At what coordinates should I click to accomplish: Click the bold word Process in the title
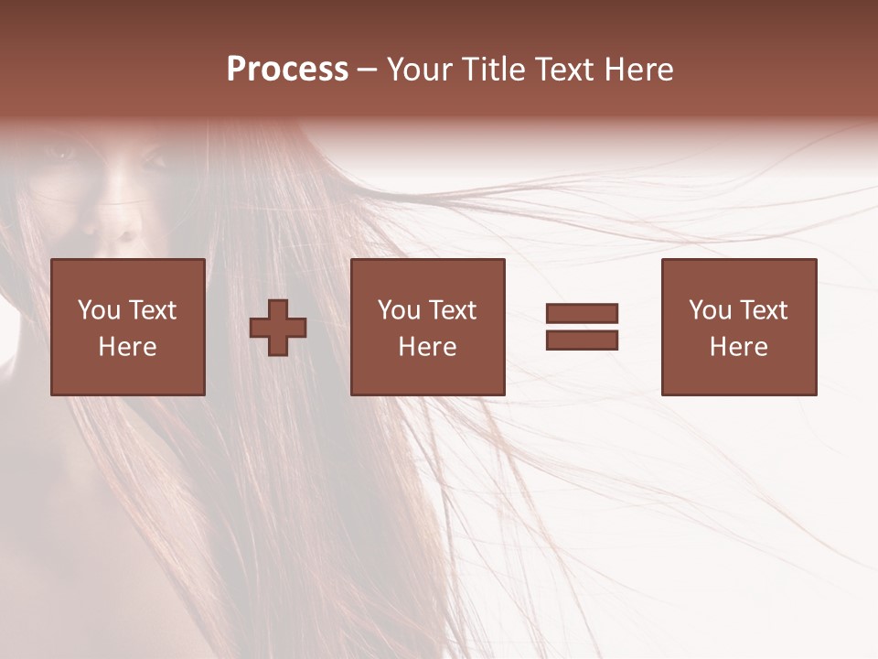point(287,70)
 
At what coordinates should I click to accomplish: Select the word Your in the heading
point(418,70)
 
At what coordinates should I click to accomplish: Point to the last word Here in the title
point(639,70)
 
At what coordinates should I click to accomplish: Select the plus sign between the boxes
point(278,328)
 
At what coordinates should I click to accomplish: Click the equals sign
point(582,327)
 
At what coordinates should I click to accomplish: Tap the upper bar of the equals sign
point(582,314)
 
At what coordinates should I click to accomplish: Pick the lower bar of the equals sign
point(582,340)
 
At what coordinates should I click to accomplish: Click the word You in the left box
point(99,310)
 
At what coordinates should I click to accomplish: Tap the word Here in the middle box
point(428,347)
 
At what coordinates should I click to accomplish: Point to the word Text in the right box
point(765,310)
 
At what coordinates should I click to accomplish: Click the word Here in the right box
point(739,347)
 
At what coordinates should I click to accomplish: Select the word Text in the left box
point(153,310)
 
